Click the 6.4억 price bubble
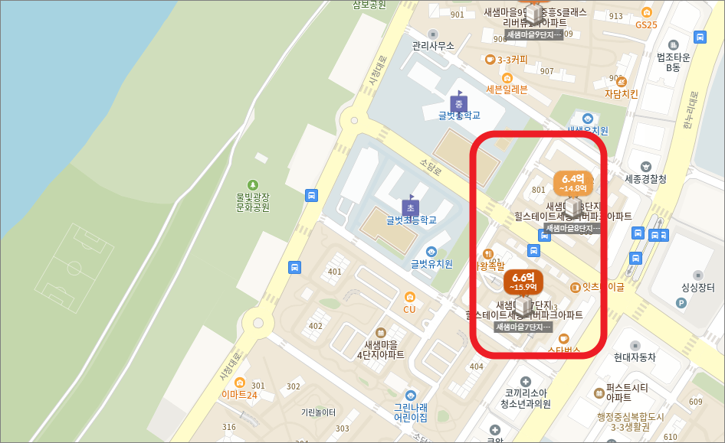pos(572,182)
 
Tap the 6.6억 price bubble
pos(523,282)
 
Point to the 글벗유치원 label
pos(431,264)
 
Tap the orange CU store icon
pos(410,297)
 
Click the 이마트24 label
pos(239,395)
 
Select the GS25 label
pos(646,24)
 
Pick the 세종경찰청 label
pos(645,179)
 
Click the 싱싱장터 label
pos(697,288)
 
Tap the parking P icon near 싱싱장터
pos(681,303)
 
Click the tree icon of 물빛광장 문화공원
pos(253,184)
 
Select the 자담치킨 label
pos(621,94)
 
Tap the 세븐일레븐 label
pos(507,90)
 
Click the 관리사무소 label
pos(433,46)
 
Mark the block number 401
pos(334,272)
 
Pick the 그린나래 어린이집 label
pos(411,412)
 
